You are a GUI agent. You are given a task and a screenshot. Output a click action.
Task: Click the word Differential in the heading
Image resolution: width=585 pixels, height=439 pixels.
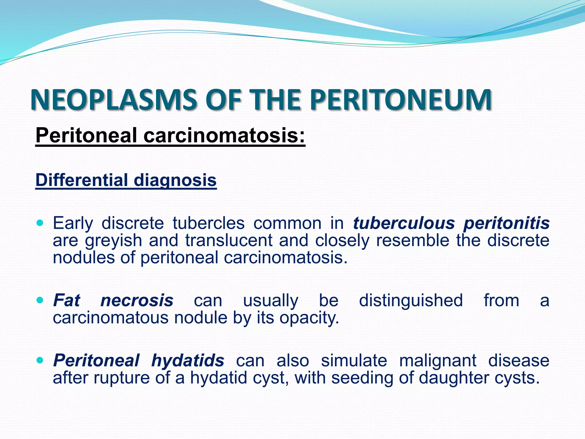tap(81, 180)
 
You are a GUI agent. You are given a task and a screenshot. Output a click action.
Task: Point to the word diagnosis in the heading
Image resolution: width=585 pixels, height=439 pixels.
tap(175, 181)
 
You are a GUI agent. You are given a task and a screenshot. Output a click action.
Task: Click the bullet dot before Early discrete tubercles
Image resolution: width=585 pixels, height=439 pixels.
tap(40, 222)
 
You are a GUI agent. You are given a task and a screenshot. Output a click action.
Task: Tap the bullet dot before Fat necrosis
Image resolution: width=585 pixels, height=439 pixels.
tap(40, 300)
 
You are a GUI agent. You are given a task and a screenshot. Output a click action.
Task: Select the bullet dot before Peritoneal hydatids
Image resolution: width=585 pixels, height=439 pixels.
tap(40, 360)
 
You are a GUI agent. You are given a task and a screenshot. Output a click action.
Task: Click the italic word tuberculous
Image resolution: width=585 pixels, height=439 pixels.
tap(404, 223)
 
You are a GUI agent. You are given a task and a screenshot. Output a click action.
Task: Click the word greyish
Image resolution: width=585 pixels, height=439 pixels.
tap(113, 241)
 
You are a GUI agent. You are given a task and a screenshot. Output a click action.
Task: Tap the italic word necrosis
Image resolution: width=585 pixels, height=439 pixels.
tap(137, 300)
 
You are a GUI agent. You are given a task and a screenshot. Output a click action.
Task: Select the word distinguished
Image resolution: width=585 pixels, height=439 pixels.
tap(411, 300)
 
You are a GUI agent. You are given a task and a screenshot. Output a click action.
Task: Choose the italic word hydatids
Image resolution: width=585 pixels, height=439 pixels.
tap(188, 360)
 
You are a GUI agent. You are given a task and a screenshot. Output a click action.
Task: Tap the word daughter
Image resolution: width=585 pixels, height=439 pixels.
tap(454, 378)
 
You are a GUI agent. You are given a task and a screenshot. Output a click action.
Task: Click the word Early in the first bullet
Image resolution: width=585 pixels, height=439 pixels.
tap(73, 223)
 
